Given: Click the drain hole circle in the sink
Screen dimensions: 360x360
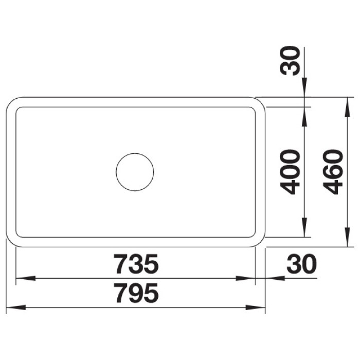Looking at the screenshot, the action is click(135, 153).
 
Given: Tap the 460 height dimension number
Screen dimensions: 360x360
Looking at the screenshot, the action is click(333, 172).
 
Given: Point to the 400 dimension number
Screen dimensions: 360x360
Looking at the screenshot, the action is click(290, 172).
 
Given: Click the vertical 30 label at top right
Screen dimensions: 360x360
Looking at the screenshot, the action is click(290, 61).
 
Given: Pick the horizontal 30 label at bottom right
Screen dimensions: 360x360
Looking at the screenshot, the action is click(301, 264).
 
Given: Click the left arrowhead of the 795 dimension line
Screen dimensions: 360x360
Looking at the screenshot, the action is click(15, 308).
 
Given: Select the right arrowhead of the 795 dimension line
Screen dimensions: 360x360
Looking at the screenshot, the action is click(255, 308).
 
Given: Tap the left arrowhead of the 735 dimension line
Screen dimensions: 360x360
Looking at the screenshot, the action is click(25, 278).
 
